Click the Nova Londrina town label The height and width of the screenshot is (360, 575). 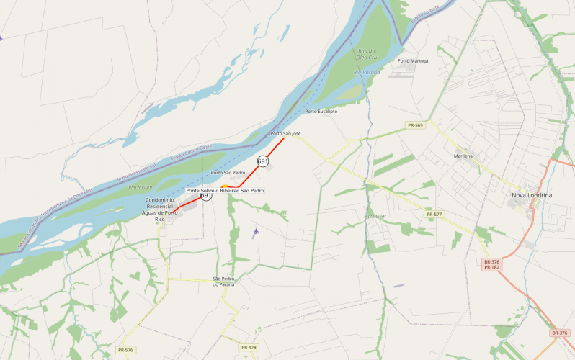pos(531,195)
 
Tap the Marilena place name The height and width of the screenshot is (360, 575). pos(463,156)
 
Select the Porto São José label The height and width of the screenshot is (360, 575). pos(285,134)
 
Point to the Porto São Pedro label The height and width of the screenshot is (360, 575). pos(228,173)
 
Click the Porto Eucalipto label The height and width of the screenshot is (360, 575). pos(321,111)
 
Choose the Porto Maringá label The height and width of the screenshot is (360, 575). pos(413,61)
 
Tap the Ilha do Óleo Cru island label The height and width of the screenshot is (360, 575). pos(367,54)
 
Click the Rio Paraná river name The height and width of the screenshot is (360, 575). pos(367,73)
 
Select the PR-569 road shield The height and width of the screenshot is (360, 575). pos(415,125)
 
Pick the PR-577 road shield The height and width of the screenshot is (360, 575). pos(433,214)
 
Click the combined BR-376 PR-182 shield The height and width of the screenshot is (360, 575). pos(491,264)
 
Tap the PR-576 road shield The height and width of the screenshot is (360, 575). pos(125,350)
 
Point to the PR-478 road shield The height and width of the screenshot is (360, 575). pos(249,348)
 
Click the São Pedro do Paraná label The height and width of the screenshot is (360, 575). pos(224,282)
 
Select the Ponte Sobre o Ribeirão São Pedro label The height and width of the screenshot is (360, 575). pos(226,191)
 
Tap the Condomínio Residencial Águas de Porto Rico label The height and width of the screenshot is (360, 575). pos(161,210)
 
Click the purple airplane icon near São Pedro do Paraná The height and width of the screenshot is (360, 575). pos(256,231)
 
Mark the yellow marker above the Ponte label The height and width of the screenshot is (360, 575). pos(225,186)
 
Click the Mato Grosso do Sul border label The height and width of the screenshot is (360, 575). pos(135,171)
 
